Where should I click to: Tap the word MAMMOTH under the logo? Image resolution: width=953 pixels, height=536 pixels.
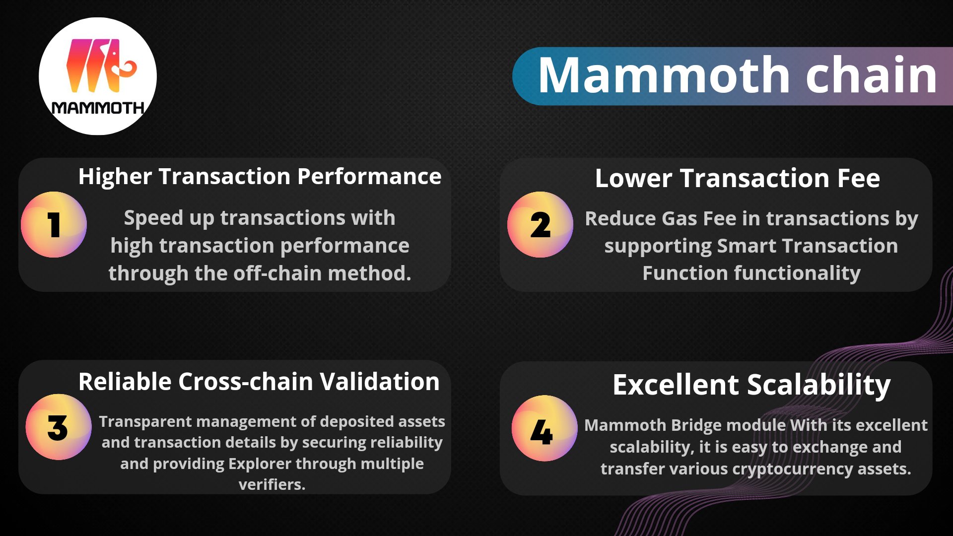(98, 108)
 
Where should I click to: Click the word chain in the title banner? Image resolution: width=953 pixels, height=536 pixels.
(871, 75)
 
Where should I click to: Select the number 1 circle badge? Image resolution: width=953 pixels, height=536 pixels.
(54, 225)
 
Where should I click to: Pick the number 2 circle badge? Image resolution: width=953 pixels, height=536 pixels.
(540, 225)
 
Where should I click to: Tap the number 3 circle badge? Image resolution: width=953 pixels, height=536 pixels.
(58, 427)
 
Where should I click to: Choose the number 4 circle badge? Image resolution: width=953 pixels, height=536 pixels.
(544, 429)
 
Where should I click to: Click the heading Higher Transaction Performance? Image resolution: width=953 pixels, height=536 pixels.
(260, 177)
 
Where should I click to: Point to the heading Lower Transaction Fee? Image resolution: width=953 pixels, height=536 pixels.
(737, 178)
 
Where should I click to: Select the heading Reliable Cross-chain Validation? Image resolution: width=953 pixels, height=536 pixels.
(259, 382)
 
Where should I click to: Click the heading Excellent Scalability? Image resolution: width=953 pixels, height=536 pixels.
(751, 385)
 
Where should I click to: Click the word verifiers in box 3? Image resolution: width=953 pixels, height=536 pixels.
(271, 484)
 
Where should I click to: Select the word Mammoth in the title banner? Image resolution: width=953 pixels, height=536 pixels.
(664, 75)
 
